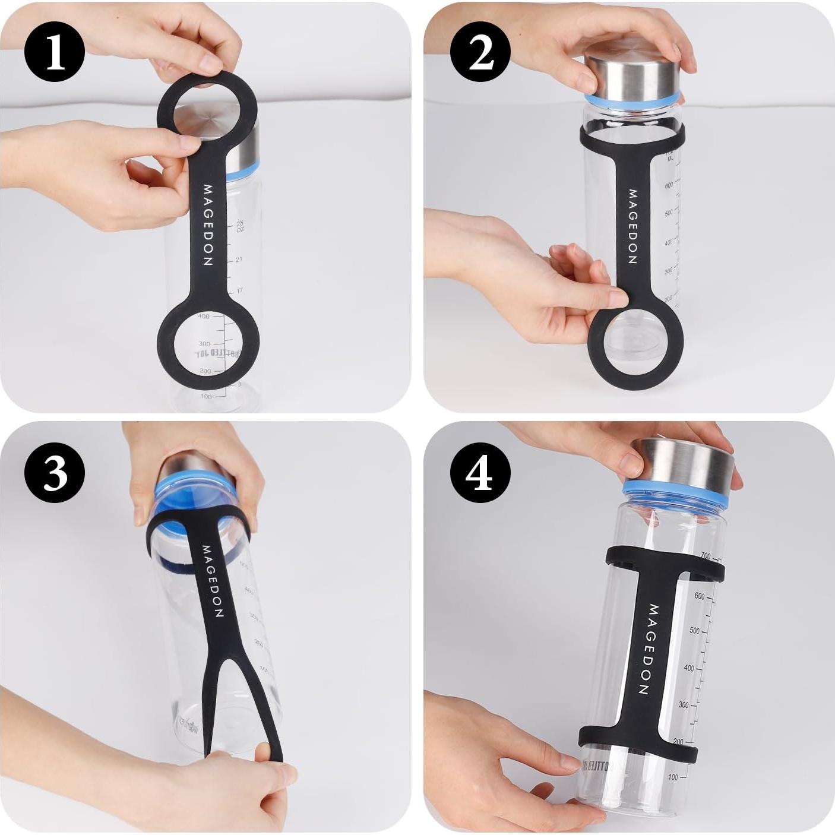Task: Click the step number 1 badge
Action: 55,52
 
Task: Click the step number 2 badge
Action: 480,52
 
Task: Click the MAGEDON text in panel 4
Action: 649,649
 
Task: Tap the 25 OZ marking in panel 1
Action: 239,226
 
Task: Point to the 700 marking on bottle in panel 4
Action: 705,556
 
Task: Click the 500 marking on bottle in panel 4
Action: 694,630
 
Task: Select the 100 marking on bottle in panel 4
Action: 673,777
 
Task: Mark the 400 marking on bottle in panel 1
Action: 204,317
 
